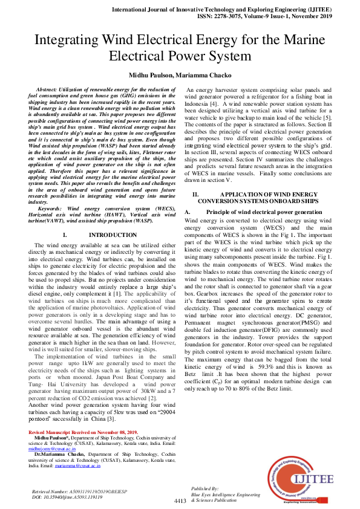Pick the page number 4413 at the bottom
pos(180,501)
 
